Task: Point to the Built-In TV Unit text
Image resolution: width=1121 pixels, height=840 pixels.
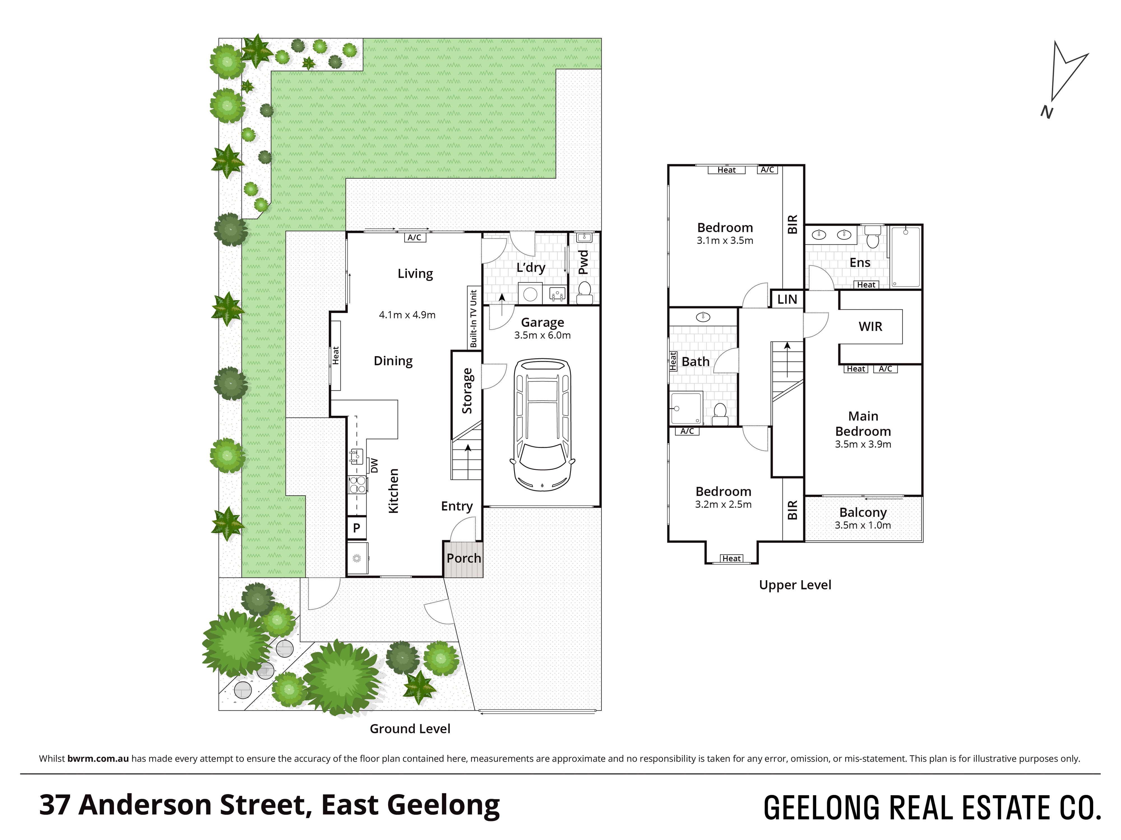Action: [473, 318]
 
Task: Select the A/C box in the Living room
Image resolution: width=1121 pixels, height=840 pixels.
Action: [414, 237]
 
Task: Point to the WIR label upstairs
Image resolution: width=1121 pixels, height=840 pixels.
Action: [870, 326]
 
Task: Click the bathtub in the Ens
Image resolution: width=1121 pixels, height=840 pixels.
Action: [905, 257]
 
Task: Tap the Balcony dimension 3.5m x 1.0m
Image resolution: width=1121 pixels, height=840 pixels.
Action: [863, 525]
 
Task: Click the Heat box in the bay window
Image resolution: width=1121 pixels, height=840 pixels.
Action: [731, 559]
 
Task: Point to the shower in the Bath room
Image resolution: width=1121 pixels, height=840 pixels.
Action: [686, 408]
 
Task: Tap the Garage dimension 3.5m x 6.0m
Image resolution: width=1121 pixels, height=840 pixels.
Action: [542, 335]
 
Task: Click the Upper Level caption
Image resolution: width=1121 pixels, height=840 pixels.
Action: [795, 585]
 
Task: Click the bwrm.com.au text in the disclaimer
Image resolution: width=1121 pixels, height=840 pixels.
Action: [98, 759]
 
